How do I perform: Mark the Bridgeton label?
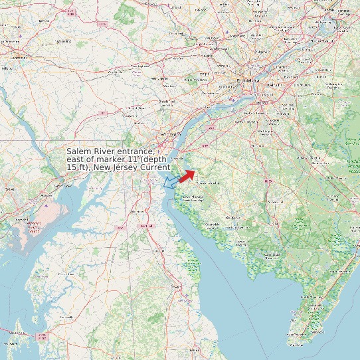(x=232, y=217)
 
